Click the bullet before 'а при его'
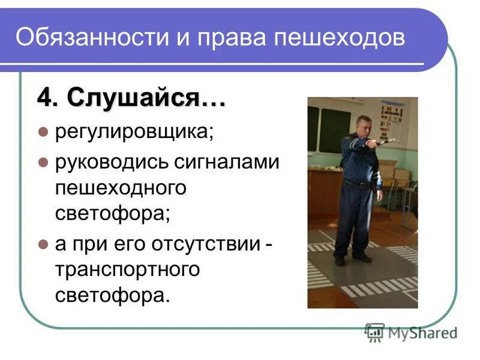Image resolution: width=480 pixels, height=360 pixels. pyautogui.click(x=42, y=244)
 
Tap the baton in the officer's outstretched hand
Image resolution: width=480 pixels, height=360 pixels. pyautogui.click(x=384, y=142)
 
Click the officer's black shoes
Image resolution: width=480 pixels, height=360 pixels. pyautogui.click(x=351, y=258)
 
